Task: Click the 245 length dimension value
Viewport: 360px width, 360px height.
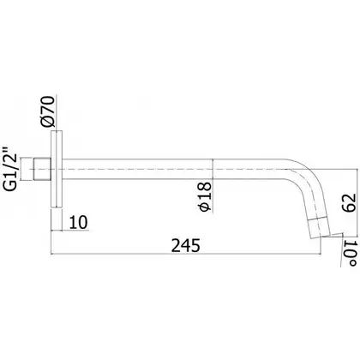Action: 186,245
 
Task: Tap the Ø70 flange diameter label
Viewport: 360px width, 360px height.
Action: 47,111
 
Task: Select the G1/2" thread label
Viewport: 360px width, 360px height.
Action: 10,169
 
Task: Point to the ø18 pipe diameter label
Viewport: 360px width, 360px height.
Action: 205,196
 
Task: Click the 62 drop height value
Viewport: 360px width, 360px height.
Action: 349,202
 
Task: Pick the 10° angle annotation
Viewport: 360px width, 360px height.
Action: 351,254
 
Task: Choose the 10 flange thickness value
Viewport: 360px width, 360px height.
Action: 78,222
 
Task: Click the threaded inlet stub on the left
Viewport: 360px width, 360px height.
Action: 42,169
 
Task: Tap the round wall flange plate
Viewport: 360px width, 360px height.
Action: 57,169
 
